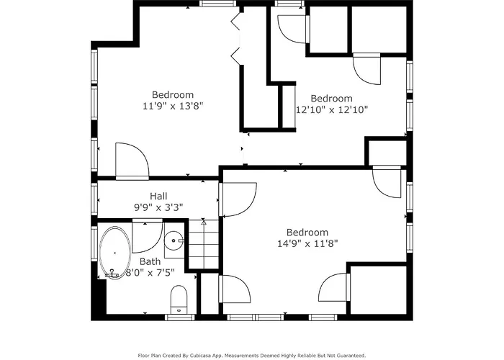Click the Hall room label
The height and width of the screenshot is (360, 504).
point(158,196)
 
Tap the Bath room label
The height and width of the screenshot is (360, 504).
point(150,261)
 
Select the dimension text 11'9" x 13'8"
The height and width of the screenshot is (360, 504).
point(173,106)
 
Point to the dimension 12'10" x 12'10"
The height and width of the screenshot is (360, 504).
point(332,110)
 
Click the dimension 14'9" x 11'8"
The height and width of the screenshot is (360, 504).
point(307,243)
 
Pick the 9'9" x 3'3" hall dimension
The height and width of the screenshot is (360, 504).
point(158,207)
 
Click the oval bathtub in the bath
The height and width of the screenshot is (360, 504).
point(114,253)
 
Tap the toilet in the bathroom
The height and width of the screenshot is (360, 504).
point(179,300)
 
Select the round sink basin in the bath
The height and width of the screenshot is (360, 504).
point(174,240)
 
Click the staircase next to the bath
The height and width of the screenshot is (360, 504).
point(204,243)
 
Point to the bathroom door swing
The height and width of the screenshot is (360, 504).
point(147,236)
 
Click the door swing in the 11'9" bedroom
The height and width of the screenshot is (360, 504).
point(132,161)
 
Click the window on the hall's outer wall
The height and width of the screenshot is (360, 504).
point(94,199)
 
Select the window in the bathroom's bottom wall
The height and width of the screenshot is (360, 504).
point(180,318)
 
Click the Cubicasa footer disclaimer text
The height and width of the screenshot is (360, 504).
point(252,356)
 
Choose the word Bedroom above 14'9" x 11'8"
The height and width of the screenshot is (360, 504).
point(307,233)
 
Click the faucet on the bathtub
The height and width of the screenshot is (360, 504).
point(112,274)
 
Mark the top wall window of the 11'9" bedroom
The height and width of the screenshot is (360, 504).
point(218,4)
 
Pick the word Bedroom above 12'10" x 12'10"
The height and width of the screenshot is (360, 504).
point(332,99)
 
